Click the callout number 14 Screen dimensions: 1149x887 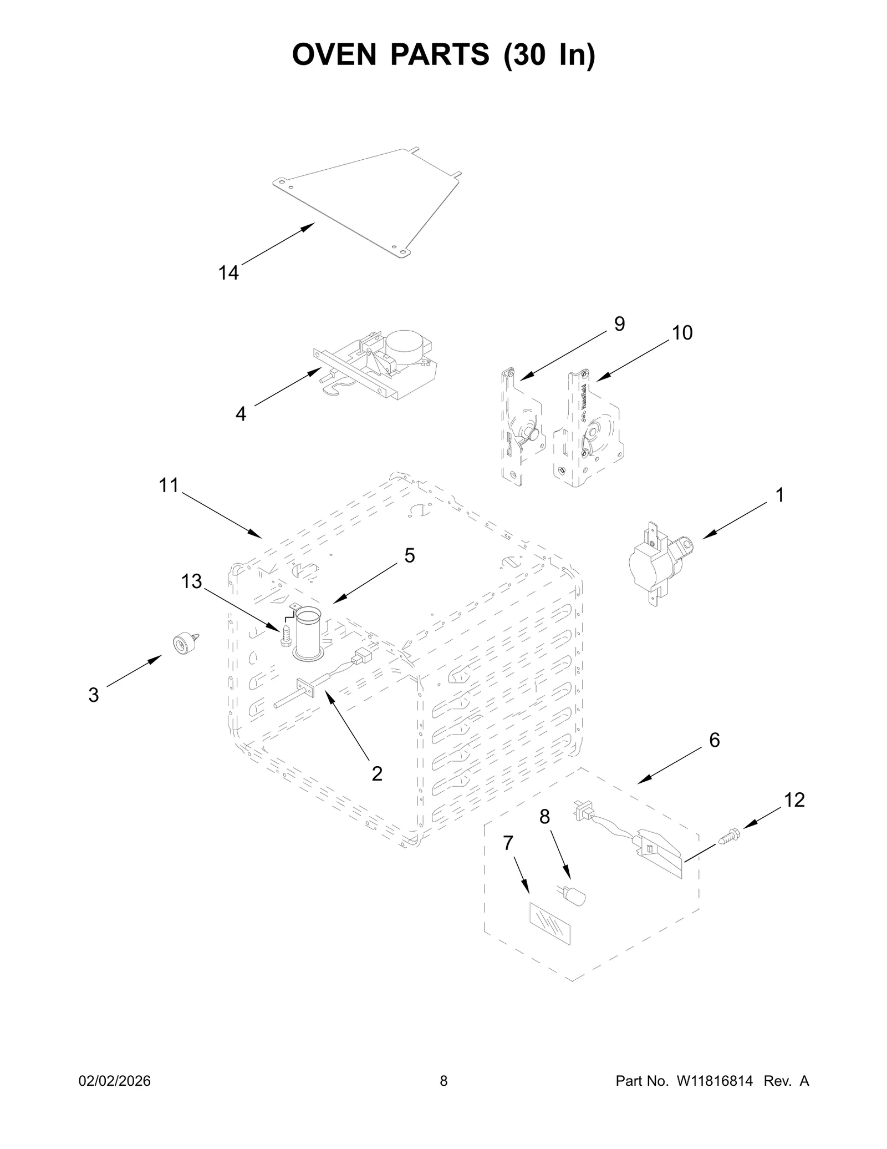click(x=228, y=273)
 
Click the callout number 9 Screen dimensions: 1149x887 click(x=619, y=324)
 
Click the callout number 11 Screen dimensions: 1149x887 click(x=169, y=485)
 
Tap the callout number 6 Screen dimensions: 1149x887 click(x=715, y=740)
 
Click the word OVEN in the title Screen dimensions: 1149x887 click(x=335, y=55)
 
